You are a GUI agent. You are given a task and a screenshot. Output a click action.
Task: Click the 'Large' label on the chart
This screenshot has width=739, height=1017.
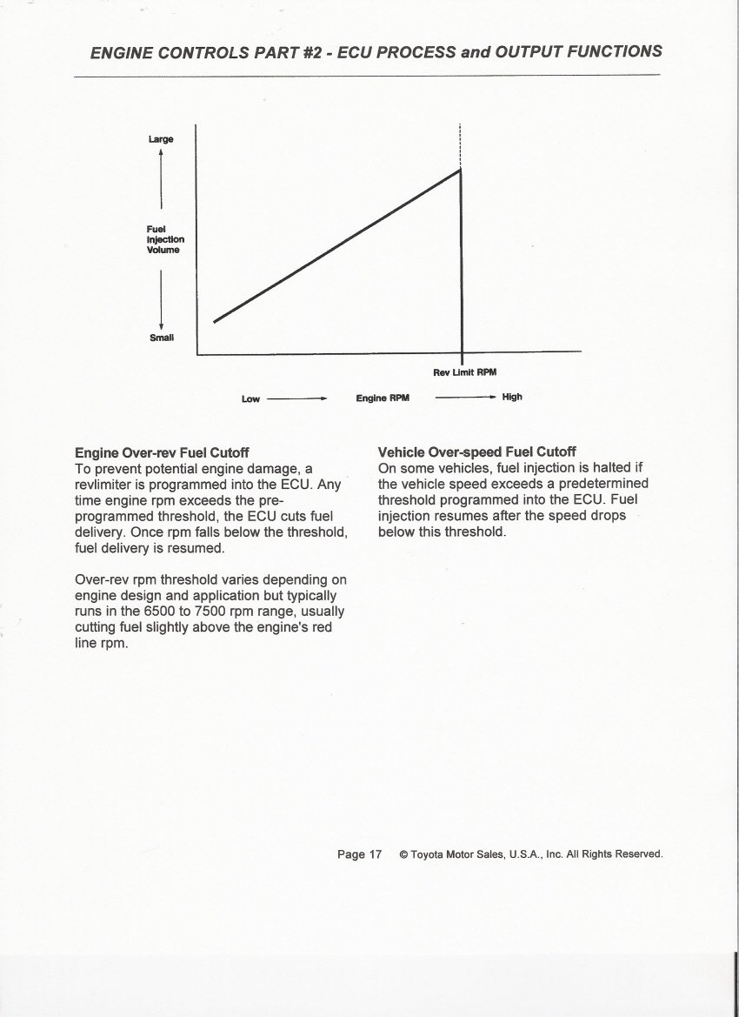161,138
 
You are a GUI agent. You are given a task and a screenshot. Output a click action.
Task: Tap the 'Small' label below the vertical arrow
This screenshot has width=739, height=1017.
162,338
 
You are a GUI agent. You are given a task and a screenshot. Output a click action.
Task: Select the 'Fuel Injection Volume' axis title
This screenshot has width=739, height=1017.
165,239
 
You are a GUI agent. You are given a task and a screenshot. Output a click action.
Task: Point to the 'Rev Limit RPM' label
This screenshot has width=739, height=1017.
464,372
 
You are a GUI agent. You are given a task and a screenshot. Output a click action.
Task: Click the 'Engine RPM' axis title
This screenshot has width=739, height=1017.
382,398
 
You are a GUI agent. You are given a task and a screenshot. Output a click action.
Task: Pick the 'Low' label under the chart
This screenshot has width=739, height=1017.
250,398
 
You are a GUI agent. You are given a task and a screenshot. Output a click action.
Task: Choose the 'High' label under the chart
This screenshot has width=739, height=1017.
512,397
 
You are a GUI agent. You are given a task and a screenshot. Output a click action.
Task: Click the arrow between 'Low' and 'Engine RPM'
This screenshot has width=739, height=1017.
296,398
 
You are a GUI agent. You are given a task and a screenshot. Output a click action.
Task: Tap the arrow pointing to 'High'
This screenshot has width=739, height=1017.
464,398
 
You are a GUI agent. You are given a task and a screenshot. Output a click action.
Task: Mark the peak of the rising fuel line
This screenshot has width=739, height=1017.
460,169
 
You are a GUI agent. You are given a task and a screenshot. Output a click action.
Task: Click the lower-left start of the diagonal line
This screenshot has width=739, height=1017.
215,321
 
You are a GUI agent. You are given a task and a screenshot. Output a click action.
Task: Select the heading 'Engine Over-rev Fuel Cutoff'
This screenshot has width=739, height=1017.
162,452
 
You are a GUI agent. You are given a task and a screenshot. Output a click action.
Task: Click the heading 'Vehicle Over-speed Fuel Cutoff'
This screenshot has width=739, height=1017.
476,452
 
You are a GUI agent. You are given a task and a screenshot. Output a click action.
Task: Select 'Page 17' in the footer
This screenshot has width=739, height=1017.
359,854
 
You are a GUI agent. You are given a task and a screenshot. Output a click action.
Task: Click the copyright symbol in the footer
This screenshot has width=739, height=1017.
403,855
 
